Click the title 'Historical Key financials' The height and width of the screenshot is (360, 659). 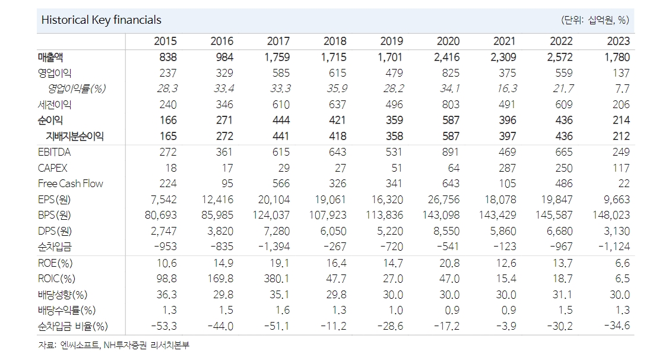(x=101, y=20)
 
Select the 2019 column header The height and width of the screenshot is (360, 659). (x=391, y=42)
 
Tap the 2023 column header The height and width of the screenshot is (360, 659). (x=618, y=42)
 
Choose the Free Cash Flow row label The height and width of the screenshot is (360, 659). (x=70, y=184)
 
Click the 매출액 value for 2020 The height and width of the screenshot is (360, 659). (x=448, y=58)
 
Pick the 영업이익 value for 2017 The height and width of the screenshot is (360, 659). (x=278, y=73)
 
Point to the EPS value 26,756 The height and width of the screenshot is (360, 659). (x=441, y=200)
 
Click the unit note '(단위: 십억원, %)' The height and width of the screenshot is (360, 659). (x=595, y=20)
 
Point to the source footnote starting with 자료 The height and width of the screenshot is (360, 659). (x=113, y=345)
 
